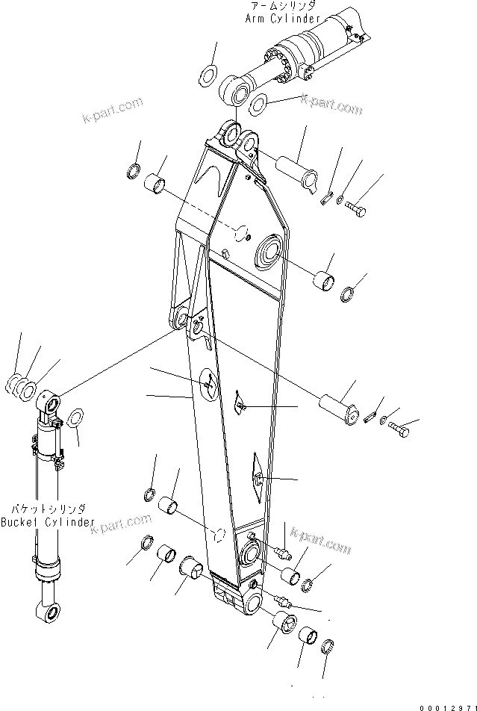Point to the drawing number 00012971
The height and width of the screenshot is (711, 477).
(x=446, y=706)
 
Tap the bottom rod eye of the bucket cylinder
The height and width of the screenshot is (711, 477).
(x=51, y=612)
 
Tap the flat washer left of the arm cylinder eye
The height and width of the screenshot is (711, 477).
(x=208, y=75)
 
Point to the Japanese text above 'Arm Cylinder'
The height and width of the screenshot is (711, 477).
(x=284, y=6)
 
